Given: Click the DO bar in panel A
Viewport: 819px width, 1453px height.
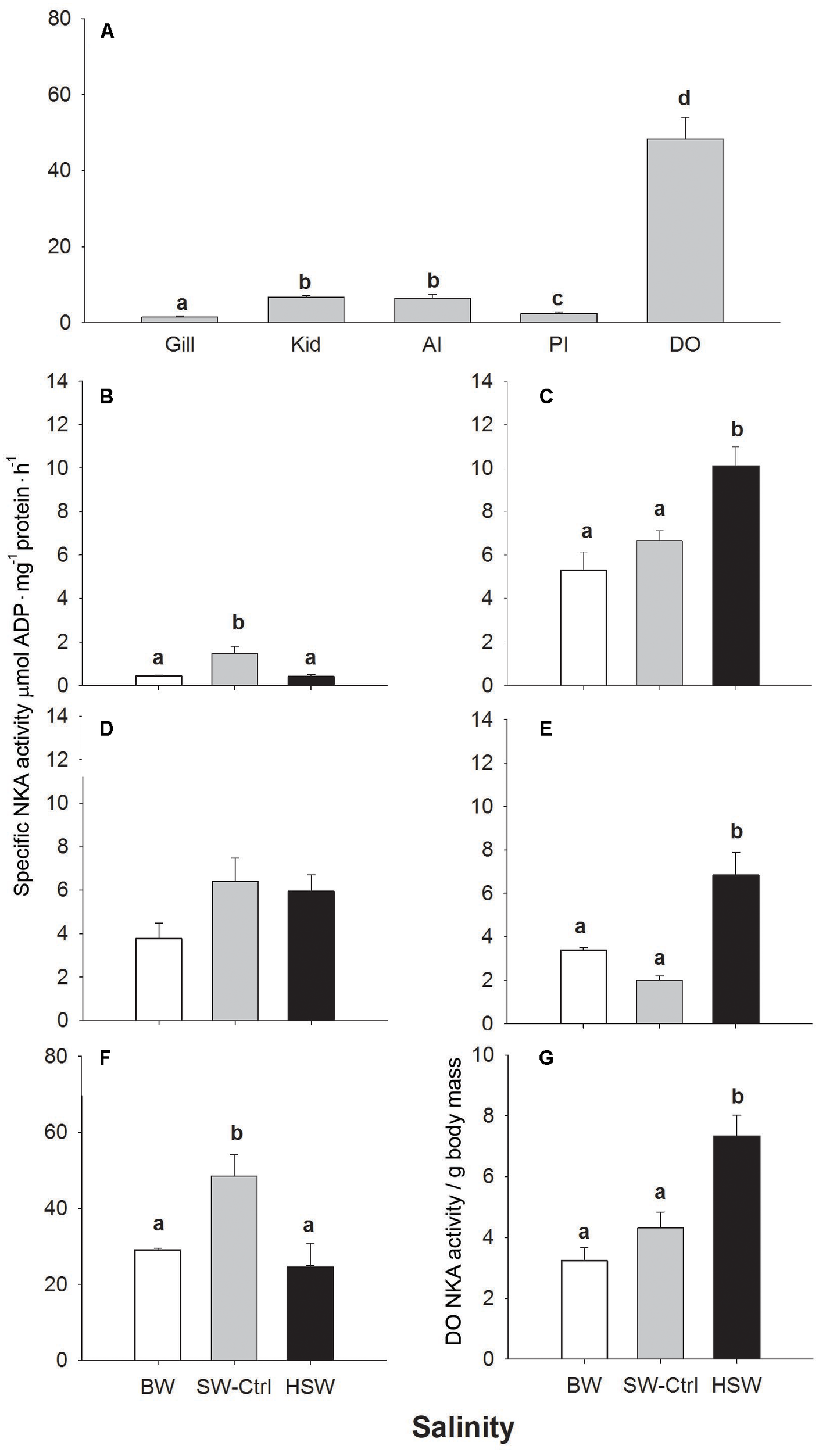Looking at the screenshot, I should coord(685,231).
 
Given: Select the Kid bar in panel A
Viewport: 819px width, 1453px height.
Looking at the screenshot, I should coord(306,310).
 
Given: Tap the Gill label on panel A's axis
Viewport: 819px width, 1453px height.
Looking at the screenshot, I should coord(180,345).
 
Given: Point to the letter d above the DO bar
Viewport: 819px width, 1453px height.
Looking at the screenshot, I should coord(685,98).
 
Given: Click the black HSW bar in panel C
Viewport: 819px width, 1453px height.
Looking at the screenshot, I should coord(735,575).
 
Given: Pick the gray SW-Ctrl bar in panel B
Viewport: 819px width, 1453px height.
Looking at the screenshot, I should coord(235,670).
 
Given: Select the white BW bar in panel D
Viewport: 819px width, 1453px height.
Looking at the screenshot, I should coord(159,979).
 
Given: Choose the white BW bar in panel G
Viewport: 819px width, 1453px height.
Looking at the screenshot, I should coord(584,1309).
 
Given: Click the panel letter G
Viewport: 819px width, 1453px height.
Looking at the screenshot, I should coord(546,1058).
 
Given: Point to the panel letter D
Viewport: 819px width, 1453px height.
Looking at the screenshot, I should coord(106,729).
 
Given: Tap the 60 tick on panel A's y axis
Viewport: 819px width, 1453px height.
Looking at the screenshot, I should coord(59,95).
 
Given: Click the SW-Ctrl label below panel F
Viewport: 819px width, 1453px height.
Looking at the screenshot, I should coord(234,1387).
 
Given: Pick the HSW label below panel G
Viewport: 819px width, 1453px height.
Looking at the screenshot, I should coord(736,1386).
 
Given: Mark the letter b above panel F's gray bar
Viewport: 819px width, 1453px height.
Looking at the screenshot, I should coord(237,1133).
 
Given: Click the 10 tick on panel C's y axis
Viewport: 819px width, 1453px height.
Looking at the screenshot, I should coord(482,468).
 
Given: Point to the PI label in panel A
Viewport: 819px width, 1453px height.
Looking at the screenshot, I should coord(558,345).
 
